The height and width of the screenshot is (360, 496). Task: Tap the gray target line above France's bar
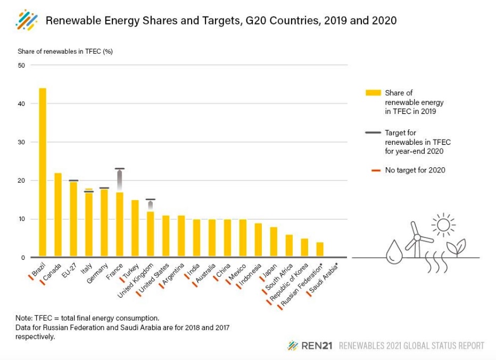(120, 169)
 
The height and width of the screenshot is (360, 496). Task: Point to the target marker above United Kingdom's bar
(151, 200)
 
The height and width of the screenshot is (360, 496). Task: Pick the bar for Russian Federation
(320, 250)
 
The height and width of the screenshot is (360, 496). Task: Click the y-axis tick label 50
(21, 66)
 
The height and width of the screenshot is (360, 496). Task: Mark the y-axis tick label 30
(21, 142)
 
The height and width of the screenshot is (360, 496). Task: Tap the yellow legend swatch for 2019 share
(373, 93)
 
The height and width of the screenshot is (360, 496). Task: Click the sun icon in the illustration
(443, 224)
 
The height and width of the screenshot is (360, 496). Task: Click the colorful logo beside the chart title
(27, 20)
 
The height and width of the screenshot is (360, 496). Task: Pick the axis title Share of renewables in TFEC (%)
(65, 52)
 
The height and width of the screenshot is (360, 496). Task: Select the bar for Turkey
(135, 229)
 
